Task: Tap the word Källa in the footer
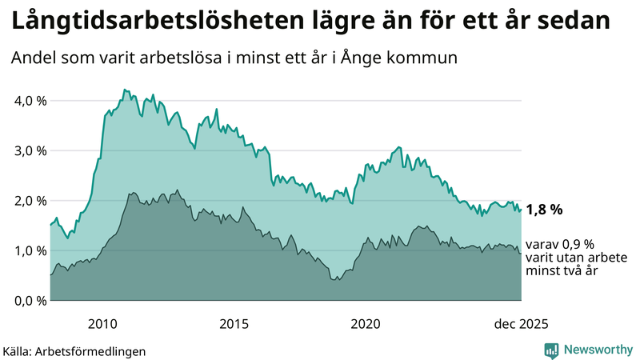tap(20, 350)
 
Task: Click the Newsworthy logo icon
tap(551, 350)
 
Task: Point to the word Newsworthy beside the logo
tap(596, 350)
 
